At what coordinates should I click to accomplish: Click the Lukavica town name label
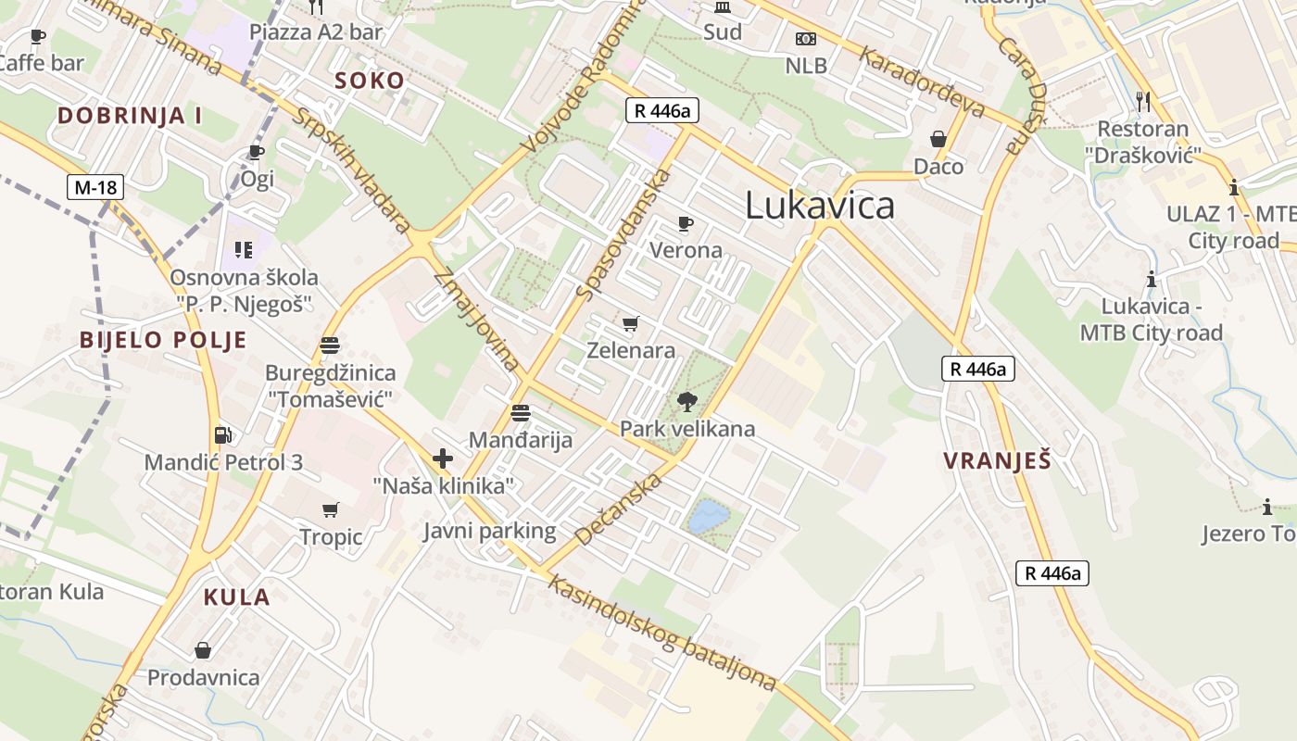point(820,206)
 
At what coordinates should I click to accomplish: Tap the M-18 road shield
point(95,188)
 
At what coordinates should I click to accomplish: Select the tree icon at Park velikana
point(686,401)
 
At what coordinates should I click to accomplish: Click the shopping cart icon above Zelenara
point(631,323)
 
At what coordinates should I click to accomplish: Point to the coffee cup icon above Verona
point(685,223)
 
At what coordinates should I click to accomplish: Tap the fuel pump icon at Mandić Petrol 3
point(222,434)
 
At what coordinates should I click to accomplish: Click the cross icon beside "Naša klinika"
point(443,458)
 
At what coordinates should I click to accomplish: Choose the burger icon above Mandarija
point(521,413)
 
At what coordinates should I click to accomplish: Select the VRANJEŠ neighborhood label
point(997,460)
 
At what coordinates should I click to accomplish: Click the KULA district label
point(237,597)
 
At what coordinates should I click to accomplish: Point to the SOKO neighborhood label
point(370,81)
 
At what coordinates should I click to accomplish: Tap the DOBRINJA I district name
point(130,116)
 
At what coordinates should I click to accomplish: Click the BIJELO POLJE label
point(163,340)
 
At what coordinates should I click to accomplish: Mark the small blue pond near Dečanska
point(709,515)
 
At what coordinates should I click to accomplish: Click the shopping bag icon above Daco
point(938,139)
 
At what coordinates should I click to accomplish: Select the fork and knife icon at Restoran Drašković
point(1143,101)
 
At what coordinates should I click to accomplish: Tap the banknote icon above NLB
point(806,39)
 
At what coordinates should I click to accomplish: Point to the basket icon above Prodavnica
point(203,650)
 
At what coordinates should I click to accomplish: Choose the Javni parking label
point(490,531)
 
